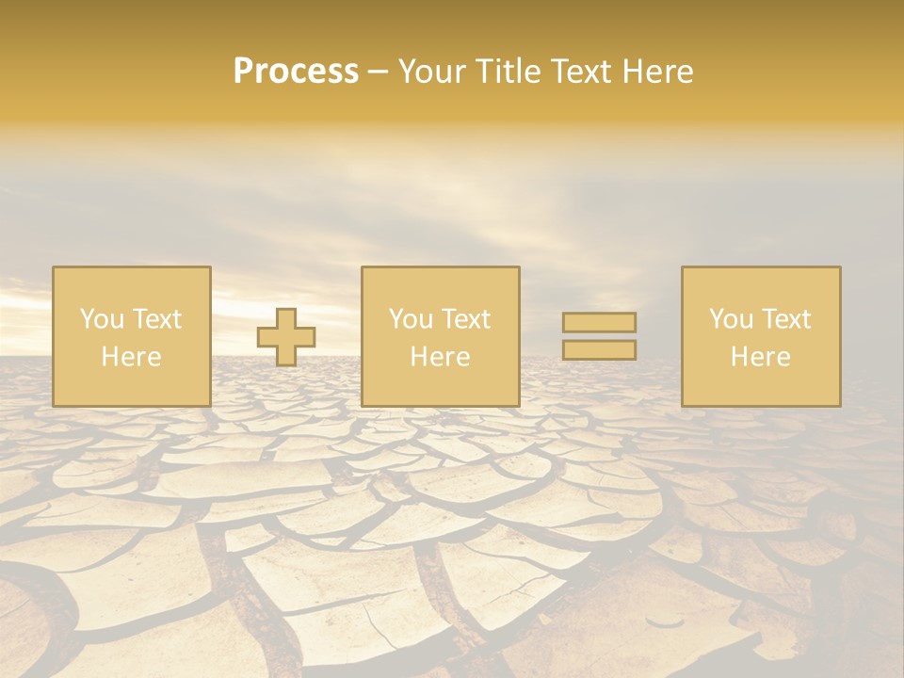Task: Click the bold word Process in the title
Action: [296, 72]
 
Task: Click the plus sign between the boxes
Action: [286, 337]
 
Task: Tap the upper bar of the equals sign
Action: [599, 322]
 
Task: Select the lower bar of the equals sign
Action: [599, 350]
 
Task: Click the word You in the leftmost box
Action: [102, 319]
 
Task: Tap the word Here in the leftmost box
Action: [131, 357]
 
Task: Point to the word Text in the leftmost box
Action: [156, 319]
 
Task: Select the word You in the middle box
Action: [411, 319]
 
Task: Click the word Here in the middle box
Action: [440, 357]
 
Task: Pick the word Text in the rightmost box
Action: [785, 319]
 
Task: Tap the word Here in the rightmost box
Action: [760, 357]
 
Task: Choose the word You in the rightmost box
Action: [731, 319]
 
